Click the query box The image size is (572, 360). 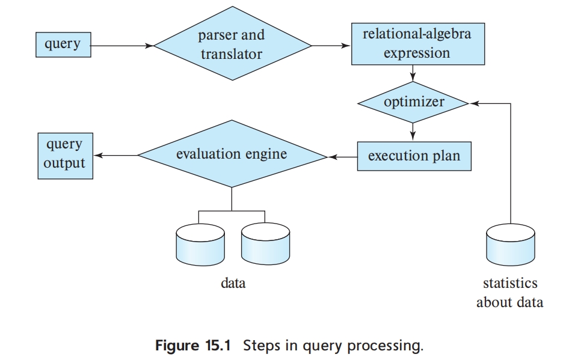pyautogui.click(x=63, y=45)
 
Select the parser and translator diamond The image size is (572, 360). pyautogui.click(x=232, y=45)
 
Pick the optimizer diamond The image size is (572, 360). pyautogui.click(x=413, y=102)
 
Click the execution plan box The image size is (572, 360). pyautogui.click(x=414, y=156)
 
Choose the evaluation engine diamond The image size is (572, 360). pyautogui.click(x=232, y=155)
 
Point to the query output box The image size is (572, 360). pyautogui.click(x=65, y=156)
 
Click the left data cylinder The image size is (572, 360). pyautogui.click(x=198, y=243)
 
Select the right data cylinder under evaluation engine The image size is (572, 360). pyautogui.click(x=265, y=243)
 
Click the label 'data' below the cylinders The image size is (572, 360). pyautogui.click(x=233, y=282)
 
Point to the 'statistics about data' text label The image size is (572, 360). pyautogui.click(x=509, y=292)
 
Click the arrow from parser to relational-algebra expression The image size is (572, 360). pyautogui.click(x=331, y=45)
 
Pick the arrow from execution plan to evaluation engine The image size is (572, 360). pyautogui.click(x=342, y=157)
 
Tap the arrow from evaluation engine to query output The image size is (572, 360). pyautogui.click(x=115, y=156)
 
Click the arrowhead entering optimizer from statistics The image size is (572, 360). pyautogui.click(x=473, y=103)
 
